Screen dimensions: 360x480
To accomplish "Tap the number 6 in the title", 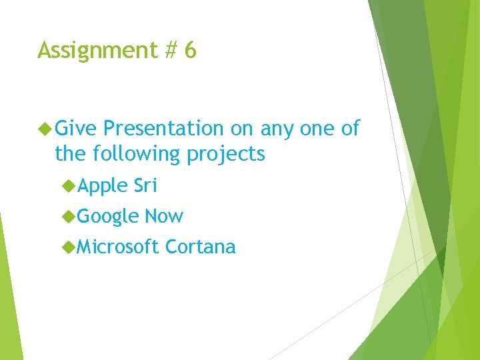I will [190, 50].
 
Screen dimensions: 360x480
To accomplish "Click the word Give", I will [76, 128].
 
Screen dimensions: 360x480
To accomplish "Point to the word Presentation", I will [164, 128].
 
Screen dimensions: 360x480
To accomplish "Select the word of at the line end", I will [350, 128].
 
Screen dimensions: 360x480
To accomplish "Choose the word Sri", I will [145, 185].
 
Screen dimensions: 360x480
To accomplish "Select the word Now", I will [163, 216].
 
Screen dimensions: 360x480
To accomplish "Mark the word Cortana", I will [200, 247].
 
